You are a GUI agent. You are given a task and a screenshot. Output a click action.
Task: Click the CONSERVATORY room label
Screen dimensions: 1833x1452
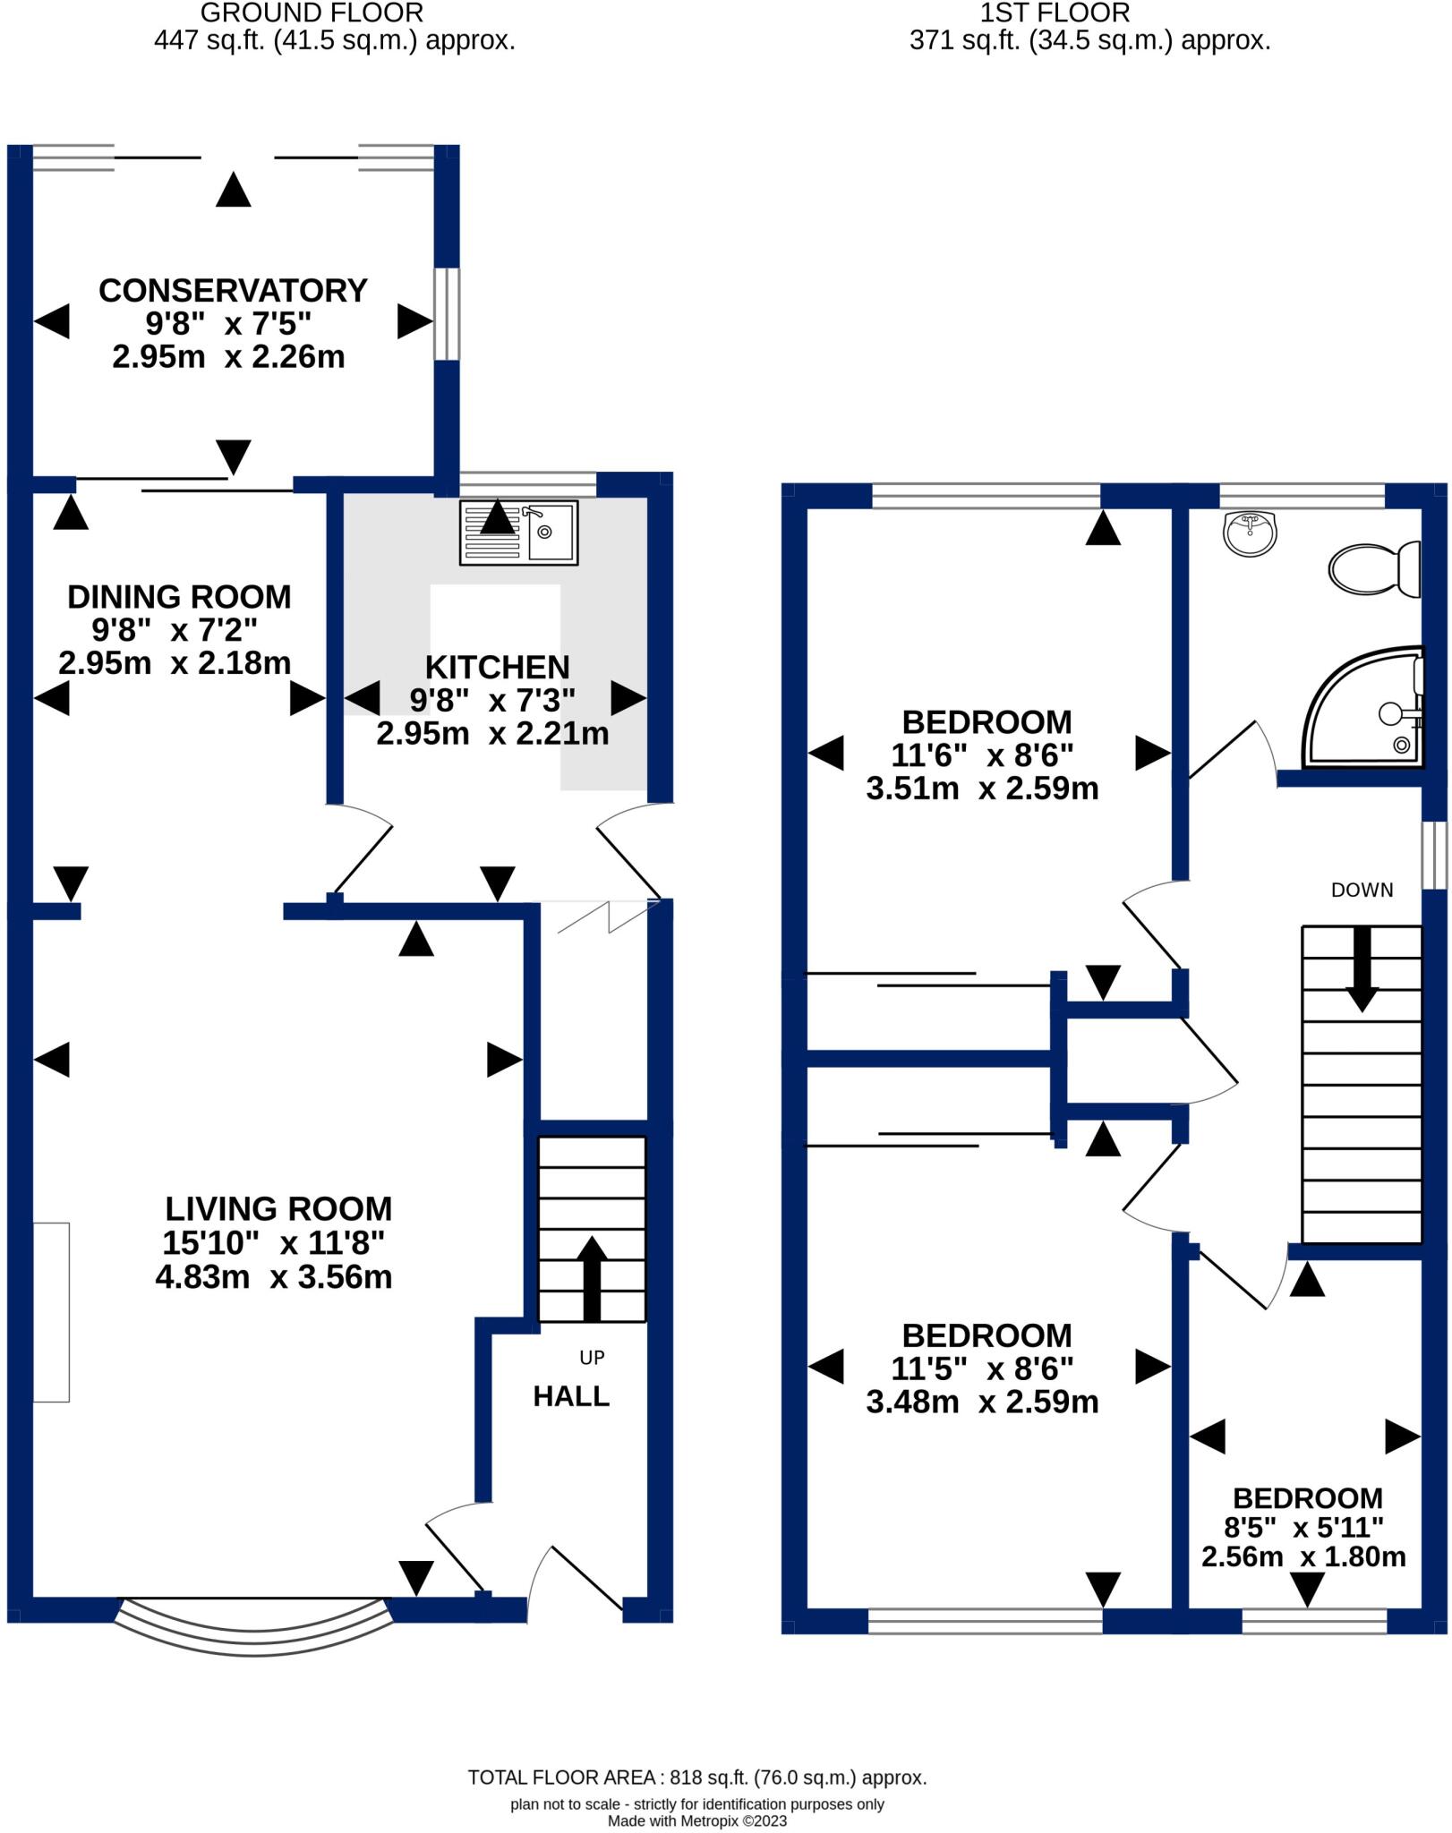click(233, 291)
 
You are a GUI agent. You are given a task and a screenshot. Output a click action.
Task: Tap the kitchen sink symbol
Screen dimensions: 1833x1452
click(518, 532)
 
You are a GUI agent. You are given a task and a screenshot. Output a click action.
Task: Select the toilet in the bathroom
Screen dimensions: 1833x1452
click(1374, 568)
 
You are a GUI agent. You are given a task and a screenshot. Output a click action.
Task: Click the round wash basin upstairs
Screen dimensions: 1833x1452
click(1249, 533)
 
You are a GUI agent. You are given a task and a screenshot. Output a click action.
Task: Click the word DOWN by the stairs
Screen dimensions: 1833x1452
click(1362, 890)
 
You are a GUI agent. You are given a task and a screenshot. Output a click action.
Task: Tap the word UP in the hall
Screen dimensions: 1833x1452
click(592, 1358)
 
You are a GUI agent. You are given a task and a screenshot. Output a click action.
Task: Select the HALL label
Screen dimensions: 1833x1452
click(571, 1396)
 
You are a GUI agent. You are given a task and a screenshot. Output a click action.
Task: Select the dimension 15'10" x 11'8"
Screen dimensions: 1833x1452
click(273, 1243)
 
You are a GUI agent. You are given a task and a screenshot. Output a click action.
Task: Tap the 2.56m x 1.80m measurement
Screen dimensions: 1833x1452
click(1303, 1556)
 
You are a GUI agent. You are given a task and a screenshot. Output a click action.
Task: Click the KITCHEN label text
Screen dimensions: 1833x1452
click(497, 668)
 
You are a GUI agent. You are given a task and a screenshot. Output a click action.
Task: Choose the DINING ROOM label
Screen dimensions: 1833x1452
click(179, 597)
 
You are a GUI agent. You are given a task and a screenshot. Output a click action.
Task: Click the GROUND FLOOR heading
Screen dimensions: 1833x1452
click(311, 13)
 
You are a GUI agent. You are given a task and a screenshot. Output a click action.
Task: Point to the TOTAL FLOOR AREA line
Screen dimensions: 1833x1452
click(696, 1778)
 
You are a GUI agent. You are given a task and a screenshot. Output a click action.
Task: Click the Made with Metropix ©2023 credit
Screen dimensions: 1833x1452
click(696, 1820)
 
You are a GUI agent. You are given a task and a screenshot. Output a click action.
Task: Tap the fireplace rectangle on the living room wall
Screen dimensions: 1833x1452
click(51, 1311)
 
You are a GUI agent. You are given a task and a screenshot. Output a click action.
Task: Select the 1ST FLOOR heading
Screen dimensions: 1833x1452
click(1055, 13)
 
